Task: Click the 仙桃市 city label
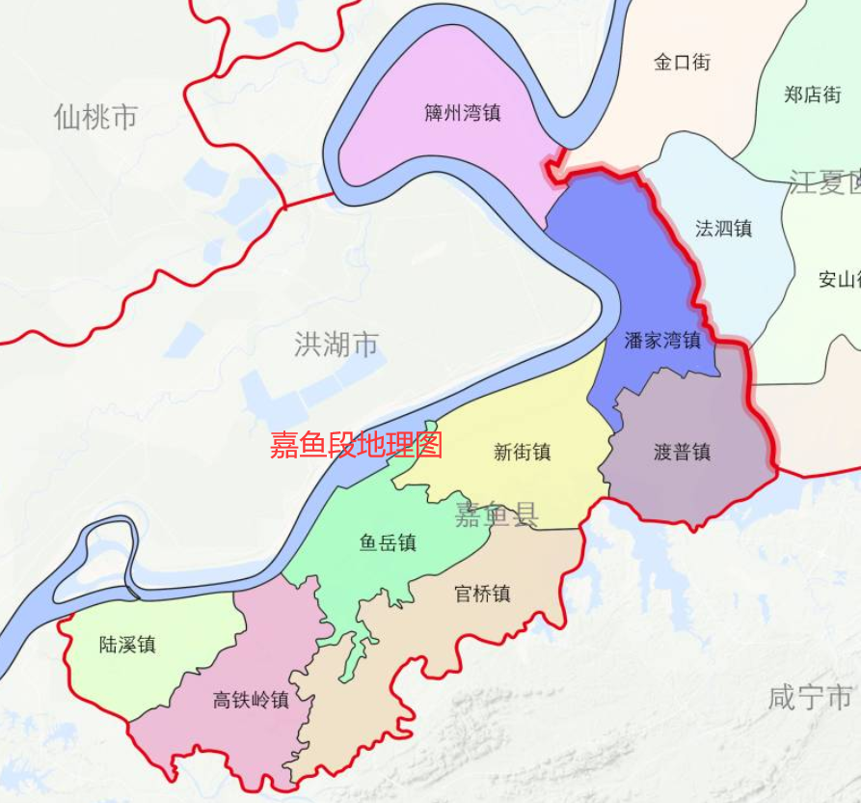point(95,118)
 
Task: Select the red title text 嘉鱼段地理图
point(356,445)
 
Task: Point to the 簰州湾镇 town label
point(463,113)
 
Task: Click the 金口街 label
point(682,63)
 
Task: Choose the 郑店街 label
point(812,95)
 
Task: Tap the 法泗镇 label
point(723,229)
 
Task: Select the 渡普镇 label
point(682,453)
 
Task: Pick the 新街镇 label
point(522,452)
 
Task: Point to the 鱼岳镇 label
point(388,543)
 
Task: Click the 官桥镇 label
point(482,594)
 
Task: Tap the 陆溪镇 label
point(127,645)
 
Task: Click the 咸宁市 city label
point(810,697)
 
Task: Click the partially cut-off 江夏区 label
point(824,181)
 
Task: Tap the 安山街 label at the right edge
point(838,280)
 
